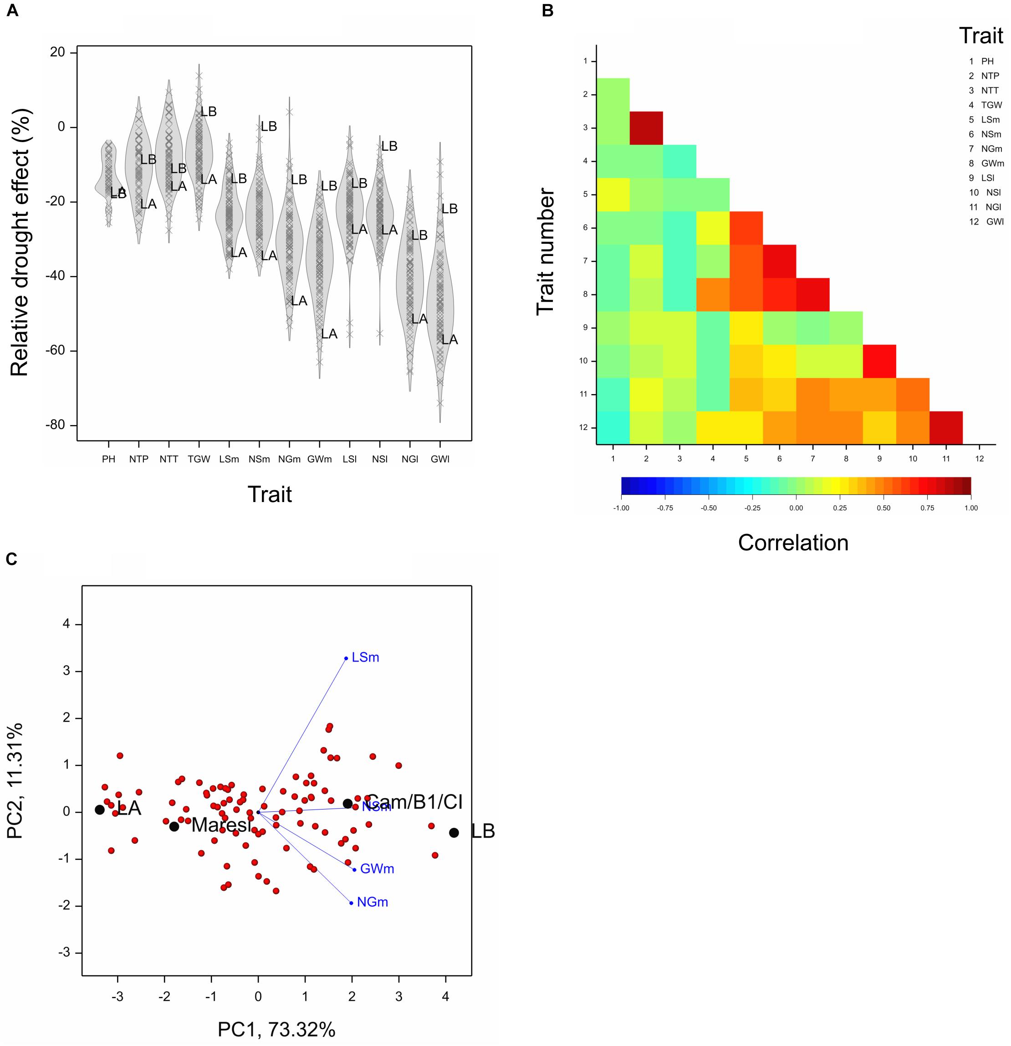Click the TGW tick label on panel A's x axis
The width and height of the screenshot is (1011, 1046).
point(199,459)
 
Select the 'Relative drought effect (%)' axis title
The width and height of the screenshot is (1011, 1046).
point(20,243)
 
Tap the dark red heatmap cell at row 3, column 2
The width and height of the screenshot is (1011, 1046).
point(646,128)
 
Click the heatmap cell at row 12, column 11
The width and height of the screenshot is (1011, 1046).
point(946,427)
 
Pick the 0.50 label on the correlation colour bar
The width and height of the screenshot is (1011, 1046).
point(883,508)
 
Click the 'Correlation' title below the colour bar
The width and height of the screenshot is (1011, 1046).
point(793,543)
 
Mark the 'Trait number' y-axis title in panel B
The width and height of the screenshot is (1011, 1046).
point(546,251)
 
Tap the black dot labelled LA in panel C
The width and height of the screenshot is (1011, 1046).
point(100,810)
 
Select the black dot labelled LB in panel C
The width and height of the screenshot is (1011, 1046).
point(454,832)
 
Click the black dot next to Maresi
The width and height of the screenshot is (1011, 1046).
point(174,827)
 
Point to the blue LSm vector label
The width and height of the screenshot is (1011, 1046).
point(365,657)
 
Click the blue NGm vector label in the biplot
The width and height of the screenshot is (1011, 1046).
point(373,902)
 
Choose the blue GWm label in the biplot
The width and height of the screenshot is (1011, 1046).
point(377,869)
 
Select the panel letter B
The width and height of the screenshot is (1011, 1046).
point(547,10)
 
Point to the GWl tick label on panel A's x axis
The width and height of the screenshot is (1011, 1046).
point(440,459)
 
